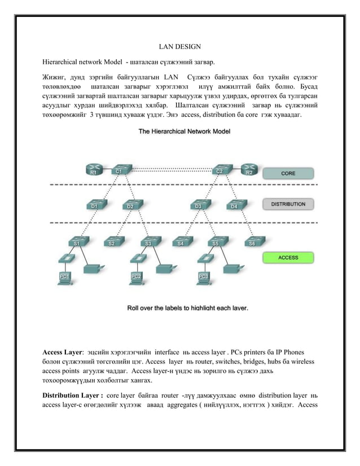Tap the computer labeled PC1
point(65,274)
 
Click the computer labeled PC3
point(204,274)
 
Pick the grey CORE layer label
point(288,174)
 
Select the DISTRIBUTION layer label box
point(288,204)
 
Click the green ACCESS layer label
point(288,257)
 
